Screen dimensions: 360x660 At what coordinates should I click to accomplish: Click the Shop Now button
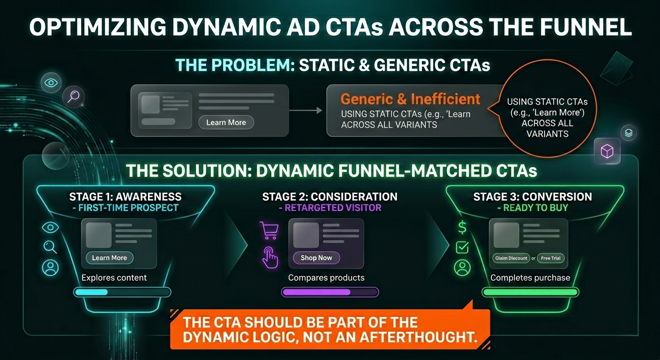316,258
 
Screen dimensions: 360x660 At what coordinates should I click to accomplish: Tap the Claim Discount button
511,258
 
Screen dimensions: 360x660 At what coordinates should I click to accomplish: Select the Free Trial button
551,258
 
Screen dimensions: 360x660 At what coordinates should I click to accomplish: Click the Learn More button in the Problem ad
226,122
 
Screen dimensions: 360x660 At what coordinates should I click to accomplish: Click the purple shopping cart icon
269,230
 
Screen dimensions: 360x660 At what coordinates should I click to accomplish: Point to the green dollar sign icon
462,228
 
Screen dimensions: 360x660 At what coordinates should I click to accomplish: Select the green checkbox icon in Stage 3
462,247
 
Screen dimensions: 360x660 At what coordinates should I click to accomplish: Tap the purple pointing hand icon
270,257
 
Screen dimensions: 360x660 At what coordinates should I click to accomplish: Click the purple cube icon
607,151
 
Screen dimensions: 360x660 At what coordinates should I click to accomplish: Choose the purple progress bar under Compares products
330,292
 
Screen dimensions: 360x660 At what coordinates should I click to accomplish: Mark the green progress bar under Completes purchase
530,292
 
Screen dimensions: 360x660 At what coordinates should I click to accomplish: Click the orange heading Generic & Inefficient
410,99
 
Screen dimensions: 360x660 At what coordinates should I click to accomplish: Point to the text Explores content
114,277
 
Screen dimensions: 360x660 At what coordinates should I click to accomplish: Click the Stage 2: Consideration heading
330,196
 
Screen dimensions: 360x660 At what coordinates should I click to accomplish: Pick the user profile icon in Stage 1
50,267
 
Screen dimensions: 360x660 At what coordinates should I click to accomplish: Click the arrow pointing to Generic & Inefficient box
305,110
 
